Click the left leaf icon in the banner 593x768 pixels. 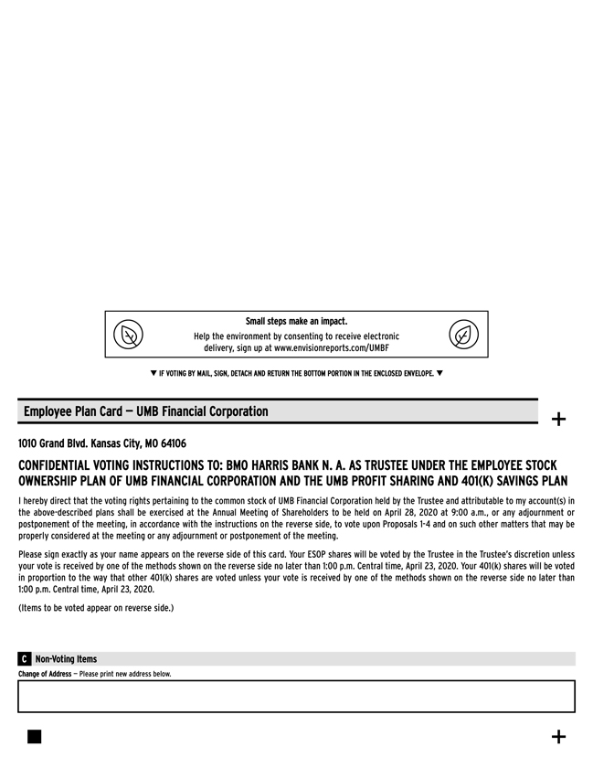click(129, 335)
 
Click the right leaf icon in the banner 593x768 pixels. click(463, 335)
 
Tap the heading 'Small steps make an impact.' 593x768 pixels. click(296, 321)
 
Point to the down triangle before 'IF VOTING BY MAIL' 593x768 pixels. click(153, 373)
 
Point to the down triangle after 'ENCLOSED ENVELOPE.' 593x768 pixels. click(439, 373)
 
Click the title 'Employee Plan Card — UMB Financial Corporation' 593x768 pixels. click(146, 411)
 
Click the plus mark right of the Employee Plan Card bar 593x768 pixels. click(558, 420)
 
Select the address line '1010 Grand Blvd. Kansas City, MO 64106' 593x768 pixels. click(102, 443)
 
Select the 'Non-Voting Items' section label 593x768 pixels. click(65, 659)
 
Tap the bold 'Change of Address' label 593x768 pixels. click(44, 675)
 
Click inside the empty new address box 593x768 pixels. click(296, 697)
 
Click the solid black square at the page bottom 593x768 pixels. click(34, 737)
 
